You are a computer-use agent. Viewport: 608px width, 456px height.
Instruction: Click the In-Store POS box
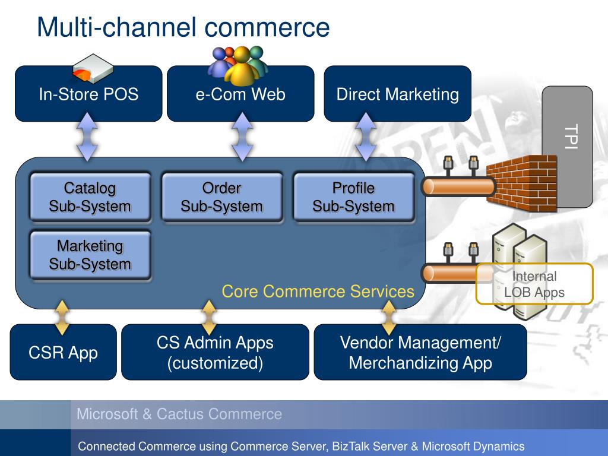pyautogui.click(x=88, y=94)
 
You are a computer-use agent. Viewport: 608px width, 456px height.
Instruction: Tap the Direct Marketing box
pyautogui.click(x=397, y=94)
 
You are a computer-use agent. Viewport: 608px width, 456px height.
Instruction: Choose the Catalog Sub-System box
pyautogui.click(x=90, y=197)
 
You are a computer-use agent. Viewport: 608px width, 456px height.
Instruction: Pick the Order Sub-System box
pyautogui.click(x=222, y=197)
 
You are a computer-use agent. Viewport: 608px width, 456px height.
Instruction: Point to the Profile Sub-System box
pyautogui.click(x=354, y=197)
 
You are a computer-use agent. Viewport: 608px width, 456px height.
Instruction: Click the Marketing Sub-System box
pyautogui.click(x=90, y=255)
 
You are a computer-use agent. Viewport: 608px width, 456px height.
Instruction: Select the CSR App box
pyautogui.click(x=63, y=352)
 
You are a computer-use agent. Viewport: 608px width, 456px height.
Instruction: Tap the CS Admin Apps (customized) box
pyautogui.click(x=215, y=352)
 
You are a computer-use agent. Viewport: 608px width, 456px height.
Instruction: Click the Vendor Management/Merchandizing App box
pyautogui.click(x=420, y=352)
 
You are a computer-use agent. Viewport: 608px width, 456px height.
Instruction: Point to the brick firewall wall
pyautogui.click(x=522, y=183)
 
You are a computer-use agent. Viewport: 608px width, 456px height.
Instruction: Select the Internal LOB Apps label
pyautogui.click(x=534, y=284)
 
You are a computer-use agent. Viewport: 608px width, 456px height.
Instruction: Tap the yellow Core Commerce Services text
pyautogui.click(x=318, y=291)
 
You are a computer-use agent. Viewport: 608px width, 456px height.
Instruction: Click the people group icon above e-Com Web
pyautogui.click(x=238, y=65)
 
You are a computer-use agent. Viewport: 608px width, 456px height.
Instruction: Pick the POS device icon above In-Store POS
pyautogui.click(x=93, y=69)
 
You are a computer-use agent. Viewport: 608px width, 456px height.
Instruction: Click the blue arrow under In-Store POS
pyautogui.click(x=87, y=137)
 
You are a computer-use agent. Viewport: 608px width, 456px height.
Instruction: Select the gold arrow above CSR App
pyautogui.click(x=62, y=317)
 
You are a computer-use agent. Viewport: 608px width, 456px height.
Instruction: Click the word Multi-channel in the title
pyautogui.click(x=116, y=27)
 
